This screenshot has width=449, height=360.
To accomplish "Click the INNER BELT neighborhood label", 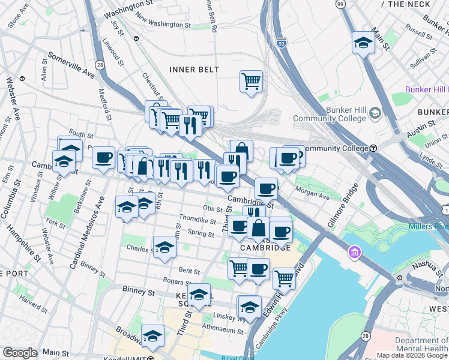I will [x=194, y=70].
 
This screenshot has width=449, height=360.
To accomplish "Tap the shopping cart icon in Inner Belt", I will [x=251, y=80].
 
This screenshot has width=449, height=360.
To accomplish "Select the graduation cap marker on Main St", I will [x=363, y=42].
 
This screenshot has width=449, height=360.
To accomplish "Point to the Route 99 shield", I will [x=340, y=4].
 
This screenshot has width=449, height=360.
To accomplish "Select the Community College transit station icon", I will [x=373, y=148].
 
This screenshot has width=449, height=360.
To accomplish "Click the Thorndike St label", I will [x=197, y=220].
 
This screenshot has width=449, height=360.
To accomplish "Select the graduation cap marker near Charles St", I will [x=164, y=248].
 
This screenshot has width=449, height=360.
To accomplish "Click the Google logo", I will [x=20, y=353].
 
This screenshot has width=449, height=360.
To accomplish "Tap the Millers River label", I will [x=429, y=226].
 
